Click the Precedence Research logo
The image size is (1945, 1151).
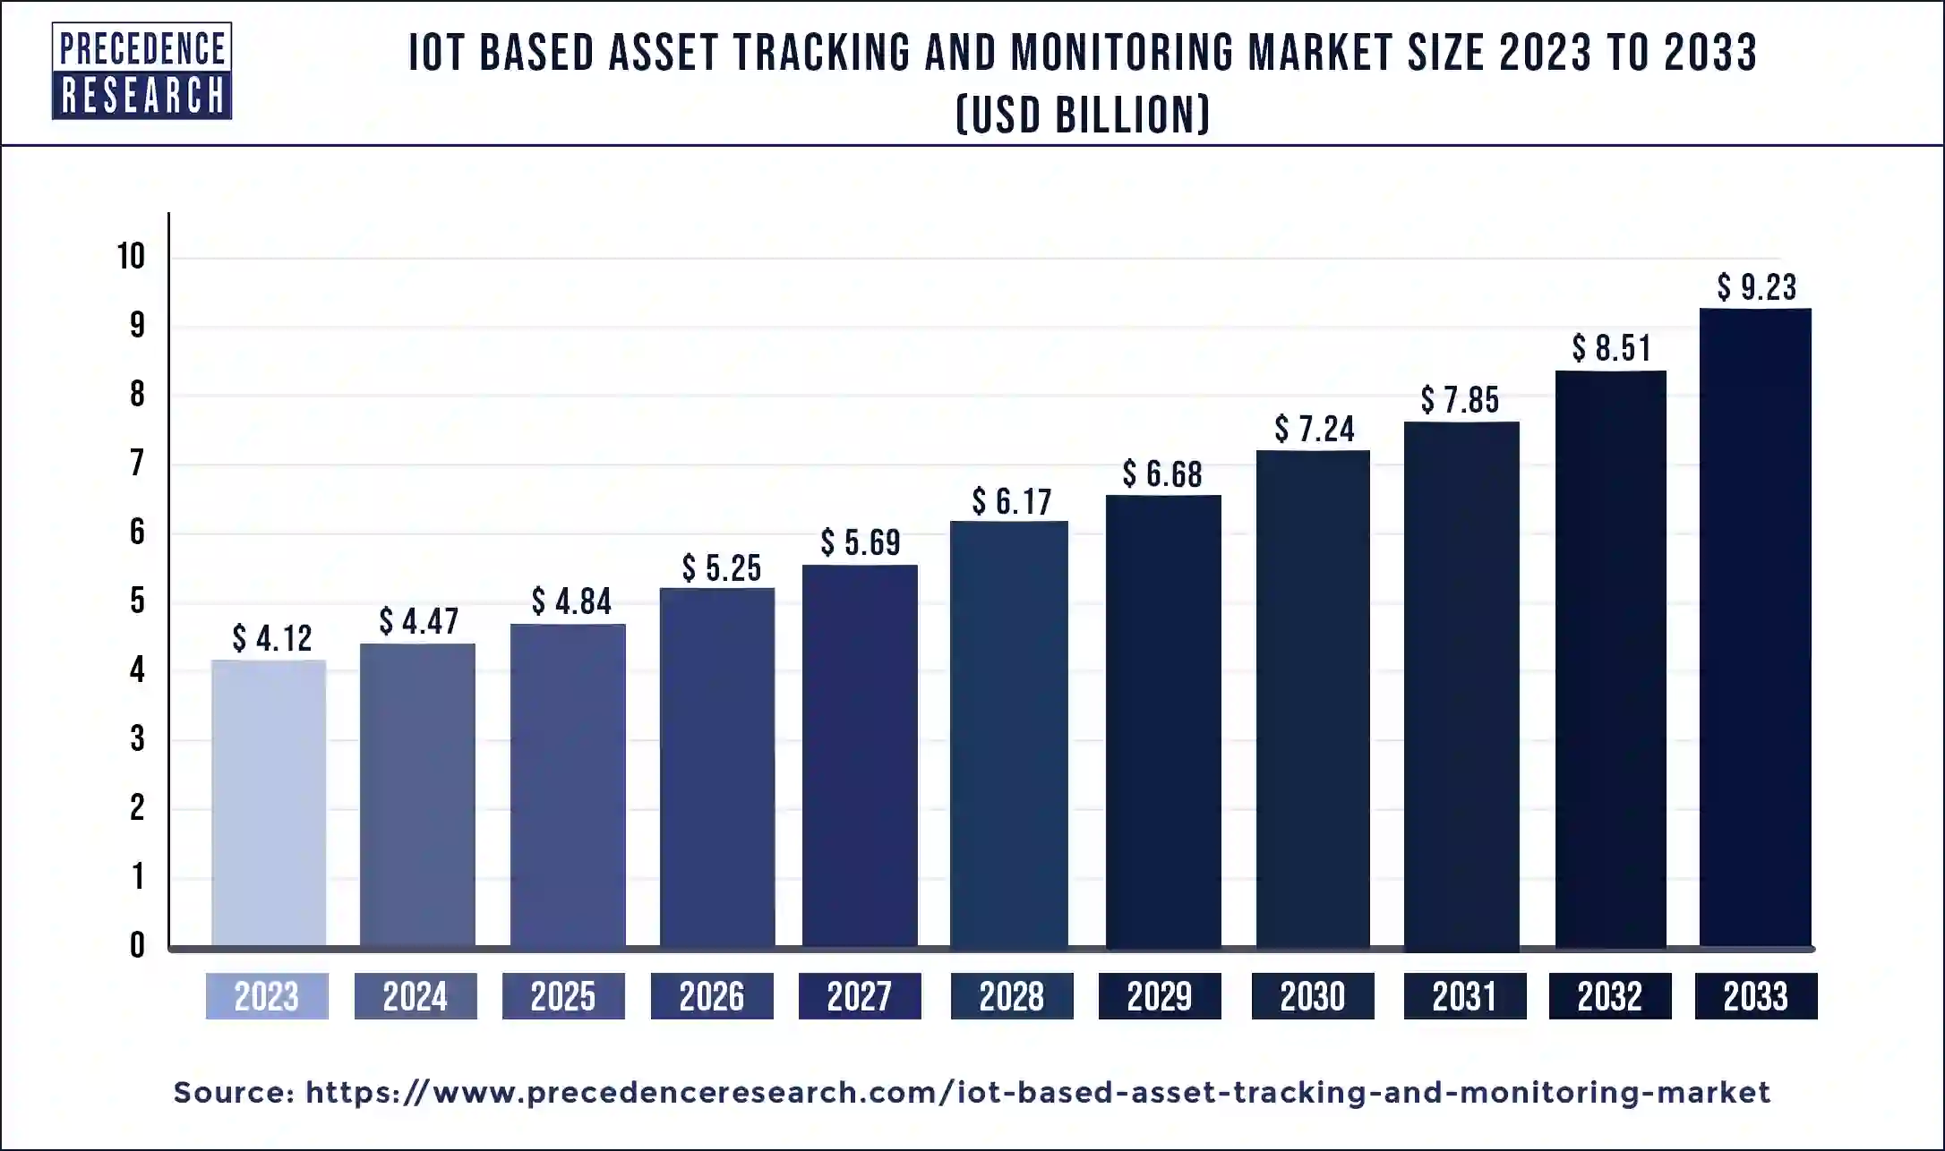141,72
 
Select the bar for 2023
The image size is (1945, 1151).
269,803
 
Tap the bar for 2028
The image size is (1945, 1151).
1009,734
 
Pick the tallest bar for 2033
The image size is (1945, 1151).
1755,627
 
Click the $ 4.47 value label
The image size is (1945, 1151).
418,621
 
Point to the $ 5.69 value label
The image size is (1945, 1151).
860,542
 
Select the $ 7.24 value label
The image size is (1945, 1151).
1314,430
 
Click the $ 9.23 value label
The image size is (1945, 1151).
1756,287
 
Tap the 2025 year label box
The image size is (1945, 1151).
563,996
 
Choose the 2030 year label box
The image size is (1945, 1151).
1312,996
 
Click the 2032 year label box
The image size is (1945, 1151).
1609,996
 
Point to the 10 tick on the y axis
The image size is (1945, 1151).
131,257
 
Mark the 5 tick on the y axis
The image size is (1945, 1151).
137,601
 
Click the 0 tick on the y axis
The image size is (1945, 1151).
137,945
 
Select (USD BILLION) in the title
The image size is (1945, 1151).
1083,115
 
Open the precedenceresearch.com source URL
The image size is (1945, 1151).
1037,1093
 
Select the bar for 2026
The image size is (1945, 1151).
716,767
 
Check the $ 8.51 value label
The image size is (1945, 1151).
1610,348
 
